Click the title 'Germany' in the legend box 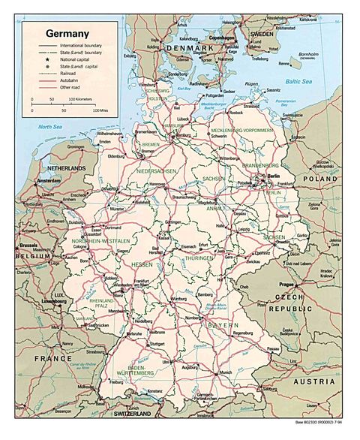point(67,34)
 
